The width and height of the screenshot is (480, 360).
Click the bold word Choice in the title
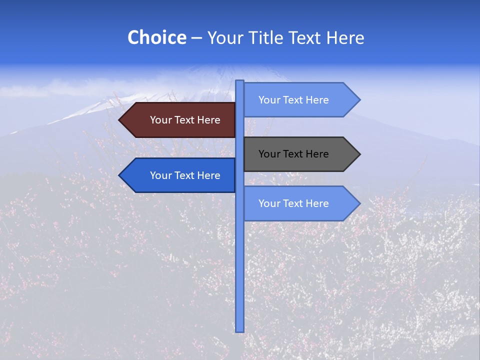(x=156, y=38)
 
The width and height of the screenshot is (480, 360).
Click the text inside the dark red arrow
(x=185, y=120)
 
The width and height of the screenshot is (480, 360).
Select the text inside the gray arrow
(x=293, y=154)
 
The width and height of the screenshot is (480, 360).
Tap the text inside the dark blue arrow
(x=185, y=175)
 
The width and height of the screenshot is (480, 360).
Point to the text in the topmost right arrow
(x=293, y=100)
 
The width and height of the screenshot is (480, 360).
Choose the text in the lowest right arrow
(x=293, y=203)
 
